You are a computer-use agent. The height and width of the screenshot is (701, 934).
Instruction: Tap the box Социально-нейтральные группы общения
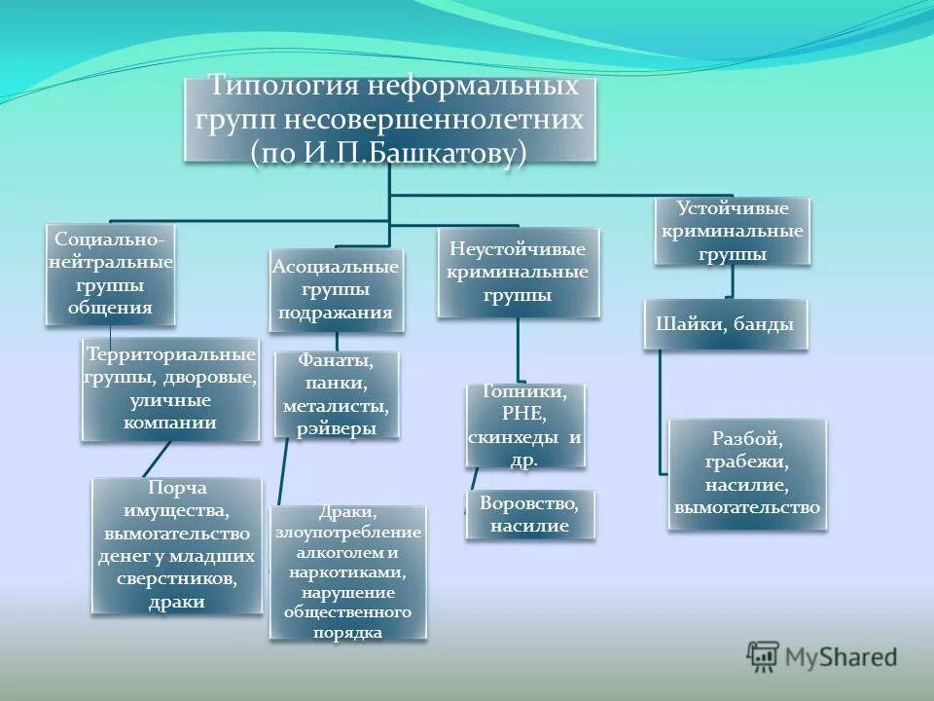110,274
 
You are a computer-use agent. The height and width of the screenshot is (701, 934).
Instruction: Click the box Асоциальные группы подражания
336,289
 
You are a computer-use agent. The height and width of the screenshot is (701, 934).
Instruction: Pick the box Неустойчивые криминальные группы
518,272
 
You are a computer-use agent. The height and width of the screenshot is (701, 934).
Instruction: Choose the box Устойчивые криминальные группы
732,232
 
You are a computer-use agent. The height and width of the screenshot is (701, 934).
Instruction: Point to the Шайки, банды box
725,324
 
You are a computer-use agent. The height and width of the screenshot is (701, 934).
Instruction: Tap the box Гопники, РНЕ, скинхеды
524,425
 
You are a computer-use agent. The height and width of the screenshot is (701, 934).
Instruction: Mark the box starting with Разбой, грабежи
746,474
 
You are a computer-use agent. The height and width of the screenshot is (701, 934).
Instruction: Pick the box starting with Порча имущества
177,544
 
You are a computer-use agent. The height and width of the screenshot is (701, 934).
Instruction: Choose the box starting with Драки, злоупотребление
347,572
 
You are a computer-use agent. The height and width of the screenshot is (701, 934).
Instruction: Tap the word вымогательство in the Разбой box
746,507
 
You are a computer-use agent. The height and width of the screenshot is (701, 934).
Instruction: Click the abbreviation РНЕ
524,414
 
